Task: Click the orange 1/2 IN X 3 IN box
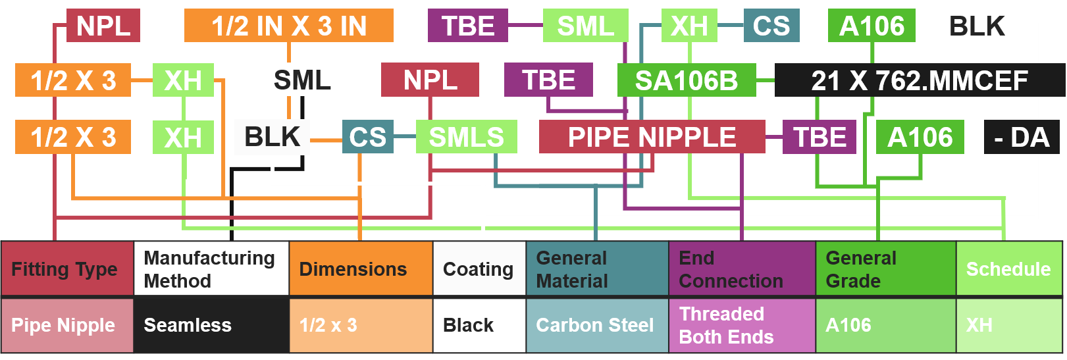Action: (288, 26)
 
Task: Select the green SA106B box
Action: (687, 80)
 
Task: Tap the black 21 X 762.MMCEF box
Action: (919, 80)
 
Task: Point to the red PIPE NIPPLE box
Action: (652, 137)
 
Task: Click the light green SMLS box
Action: (466, 137)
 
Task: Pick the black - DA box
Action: (1021, 137)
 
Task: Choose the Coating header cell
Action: (479, 269)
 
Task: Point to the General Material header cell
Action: (597, 269)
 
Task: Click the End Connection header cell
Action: (742, 269)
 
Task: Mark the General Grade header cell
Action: (885, 269)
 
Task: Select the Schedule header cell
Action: (1008, 269)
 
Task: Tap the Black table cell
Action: (479, 325)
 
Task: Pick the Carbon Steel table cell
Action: (597, 325)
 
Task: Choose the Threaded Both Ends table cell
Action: (742, 325)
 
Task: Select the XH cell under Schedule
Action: (1008, 325)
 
